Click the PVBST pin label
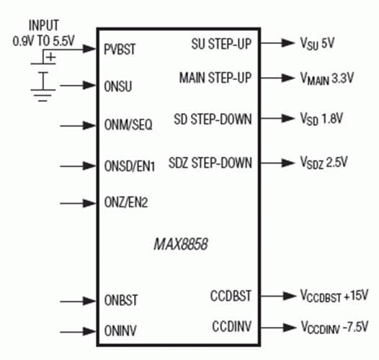point(120,49)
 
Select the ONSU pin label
point(118,86)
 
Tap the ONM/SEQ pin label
point(128,125)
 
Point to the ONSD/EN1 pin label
point(129,166)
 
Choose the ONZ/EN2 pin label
point(125,202)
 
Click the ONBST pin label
point(121,300)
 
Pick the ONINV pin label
point(120,330)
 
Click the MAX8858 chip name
point(181,244)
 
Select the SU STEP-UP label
point(221,44)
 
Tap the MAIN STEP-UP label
point(215,78)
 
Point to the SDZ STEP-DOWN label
point(210,163)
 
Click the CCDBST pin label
point(231,296)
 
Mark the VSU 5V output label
point(317,43)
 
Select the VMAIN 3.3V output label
point(327,78)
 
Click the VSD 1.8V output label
point(321,119)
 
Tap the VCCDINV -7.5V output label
point(334,327)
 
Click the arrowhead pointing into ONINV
point(89,331)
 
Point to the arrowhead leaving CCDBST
point(290,296)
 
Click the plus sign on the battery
point(51,58)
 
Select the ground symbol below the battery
point(43,96)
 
